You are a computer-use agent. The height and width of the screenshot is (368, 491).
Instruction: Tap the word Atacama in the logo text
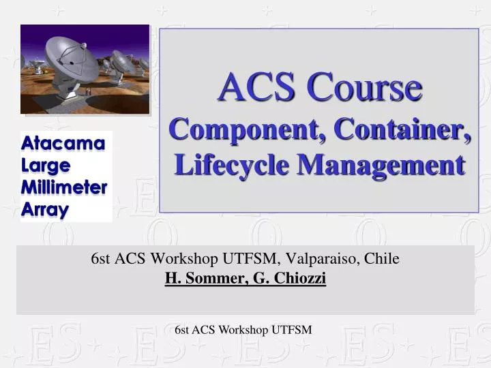pyautogui.click(x=63, y=143)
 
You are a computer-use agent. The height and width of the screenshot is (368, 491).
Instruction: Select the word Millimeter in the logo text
pyautogui.click(x=65, y=187)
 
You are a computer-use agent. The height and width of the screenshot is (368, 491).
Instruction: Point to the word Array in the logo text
pyautogui.click(x=45, y=209)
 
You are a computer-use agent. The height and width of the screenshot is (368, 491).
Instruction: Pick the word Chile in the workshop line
pyautogui.click(x=382, y=259)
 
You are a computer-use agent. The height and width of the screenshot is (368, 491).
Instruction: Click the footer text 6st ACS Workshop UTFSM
pyautogui.click(x=243, y=330)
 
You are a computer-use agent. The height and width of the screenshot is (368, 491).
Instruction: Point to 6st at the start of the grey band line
pyautogui.click(x=101, y=259)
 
